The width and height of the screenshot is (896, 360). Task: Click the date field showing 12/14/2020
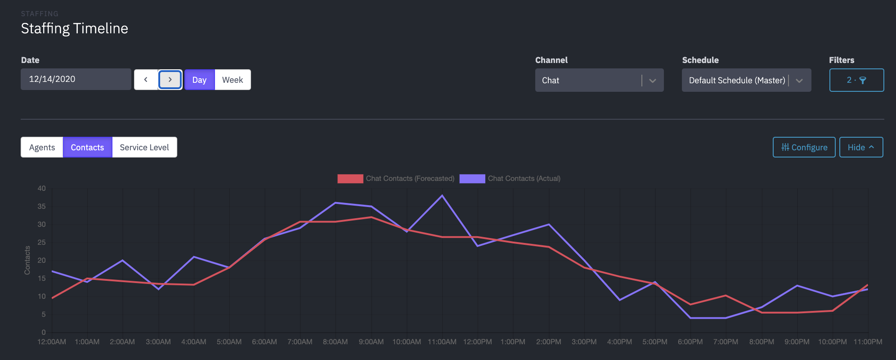click(76, 79)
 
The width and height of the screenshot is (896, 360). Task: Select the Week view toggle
click(232, 80)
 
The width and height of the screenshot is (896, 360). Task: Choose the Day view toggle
click(199, 80)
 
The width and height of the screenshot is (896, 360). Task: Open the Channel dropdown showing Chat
click(599, 80)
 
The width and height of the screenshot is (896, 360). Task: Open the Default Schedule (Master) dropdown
click(746, 80)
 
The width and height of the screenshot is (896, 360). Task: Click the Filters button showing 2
click(856, 80)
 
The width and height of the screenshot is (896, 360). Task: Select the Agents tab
click(42, 147)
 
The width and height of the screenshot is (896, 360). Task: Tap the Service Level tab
click(144, 147)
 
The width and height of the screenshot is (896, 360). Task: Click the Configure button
click(804, 147)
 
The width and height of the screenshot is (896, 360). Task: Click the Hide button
click(860, 147)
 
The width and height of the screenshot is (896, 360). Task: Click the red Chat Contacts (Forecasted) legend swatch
click(350, 179)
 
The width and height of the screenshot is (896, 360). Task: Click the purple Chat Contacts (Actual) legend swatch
click(472, 179)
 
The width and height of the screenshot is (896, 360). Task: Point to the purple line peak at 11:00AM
click(442, 196)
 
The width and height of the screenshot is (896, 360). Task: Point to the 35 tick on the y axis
click(41, 207)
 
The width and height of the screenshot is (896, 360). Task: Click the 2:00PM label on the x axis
click(548, 342)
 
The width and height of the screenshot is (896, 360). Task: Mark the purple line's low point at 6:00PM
click(690, 318)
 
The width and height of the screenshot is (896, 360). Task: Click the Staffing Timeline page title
click(75, 28)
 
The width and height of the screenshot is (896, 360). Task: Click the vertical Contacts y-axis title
click(27, 260)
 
